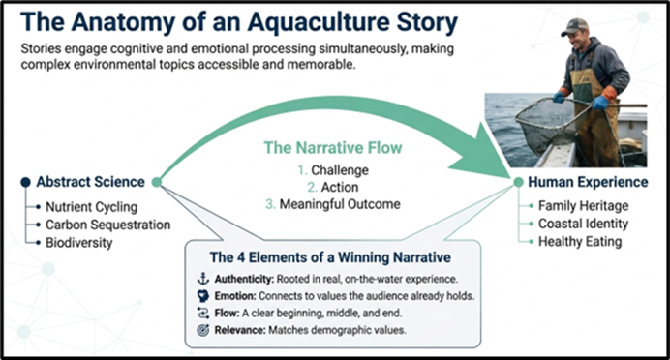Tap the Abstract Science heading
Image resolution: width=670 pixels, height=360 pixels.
(91, 182)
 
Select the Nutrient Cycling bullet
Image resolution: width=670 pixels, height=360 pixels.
(91, 207)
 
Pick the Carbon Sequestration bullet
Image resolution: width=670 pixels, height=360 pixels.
(108, 225)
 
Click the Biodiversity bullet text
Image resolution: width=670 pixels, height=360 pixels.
(79, 243)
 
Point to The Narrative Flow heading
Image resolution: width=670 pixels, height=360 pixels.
(333, 148)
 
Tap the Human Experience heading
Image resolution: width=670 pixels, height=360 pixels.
(588, 182)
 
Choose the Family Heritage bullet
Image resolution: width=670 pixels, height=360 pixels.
(583, 206)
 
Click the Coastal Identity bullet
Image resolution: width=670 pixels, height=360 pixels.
(583, 224)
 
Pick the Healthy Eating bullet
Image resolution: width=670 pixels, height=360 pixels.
(580, 241)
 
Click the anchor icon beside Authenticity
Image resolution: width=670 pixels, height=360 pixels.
(203, 279)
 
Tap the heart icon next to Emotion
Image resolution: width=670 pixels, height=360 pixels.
(203, 296)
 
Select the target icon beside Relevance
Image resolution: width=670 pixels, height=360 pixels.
(203, 330)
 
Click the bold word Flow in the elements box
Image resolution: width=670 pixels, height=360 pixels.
(227, 313)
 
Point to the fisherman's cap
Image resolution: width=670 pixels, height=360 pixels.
(575, 26)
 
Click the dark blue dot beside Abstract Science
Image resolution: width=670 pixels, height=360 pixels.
(25, 182)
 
